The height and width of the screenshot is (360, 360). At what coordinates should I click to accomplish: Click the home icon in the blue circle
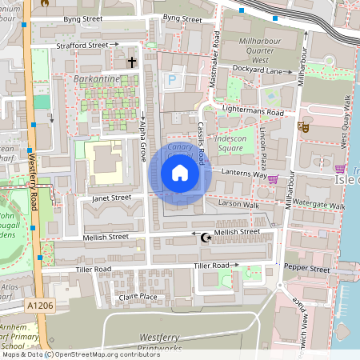(x=180, y=172)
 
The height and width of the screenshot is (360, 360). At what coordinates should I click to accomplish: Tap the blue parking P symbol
(x=171, y=80)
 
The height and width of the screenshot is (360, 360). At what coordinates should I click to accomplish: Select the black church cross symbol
(x=132, y=62)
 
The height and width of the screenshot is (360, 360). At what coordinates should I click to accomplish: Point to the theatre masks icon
(x=303, y=126)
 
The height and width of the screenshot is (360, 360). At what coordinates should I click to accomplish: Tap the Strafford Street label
(x=82, y=46)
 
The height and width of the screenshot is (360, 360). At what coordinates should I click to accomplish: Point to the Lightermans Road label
(x=254, y=114)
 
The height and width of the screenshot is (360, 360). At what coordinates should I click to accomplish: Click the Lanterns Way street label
(x=241, y=174)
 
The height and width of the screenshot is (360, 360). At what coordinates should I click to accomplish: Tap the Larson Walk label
(x=240, y=205)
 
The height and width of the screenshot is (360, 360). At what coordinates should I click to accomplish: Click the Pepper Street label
(x=307, y=270)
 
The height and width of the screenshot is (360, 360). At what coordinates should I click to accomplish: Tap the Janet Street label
(x=110, y=198)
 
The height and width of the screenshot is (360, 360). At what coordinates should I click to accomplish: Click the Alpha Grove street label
(x=143, y=126)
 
